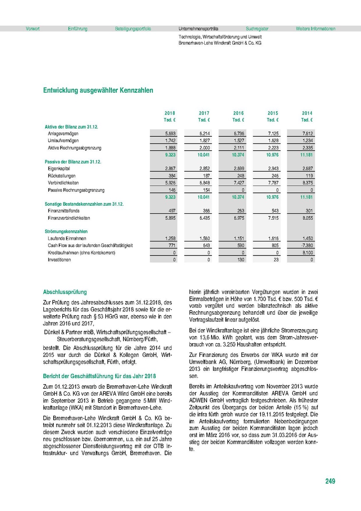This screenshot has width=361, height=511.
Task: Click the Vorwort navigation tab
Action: [33, 29]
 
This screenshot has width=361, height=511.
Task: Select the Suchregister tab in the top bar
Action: [257, 29]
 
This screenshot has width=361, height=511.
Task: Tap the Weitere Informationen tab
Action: [315, 29]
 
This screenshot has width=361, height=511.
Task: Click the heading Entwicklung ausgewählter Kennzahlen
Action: [98, 91]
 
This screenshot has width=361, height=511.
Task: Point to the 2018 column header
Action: [170, 113]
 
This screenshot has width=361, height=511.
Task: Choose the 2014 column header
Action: [307, 113]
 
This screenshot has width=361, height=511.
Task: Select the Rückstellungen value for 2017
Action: [205, 176]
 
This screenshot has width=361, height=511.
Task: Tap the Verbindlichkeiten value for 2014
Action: [307, 183]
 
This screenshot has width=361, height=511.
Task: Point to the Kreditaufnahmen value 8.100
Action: [307, 253]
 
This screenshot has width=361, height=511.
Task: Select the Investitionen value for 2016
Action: [240, 260]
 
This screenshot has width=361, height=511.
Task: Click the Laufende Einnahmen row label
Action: [67, 239]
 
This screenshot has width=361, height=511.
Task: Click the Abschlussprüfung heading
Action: [65, 292]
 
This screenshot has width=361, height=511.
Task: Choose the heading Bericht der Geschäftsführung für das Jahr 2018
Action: [100, 376]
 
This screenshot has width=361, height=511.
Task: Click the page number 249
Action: [330, 481]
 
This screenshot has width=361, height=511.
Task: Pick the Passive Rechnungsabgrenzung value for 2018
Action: [172, 190]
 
